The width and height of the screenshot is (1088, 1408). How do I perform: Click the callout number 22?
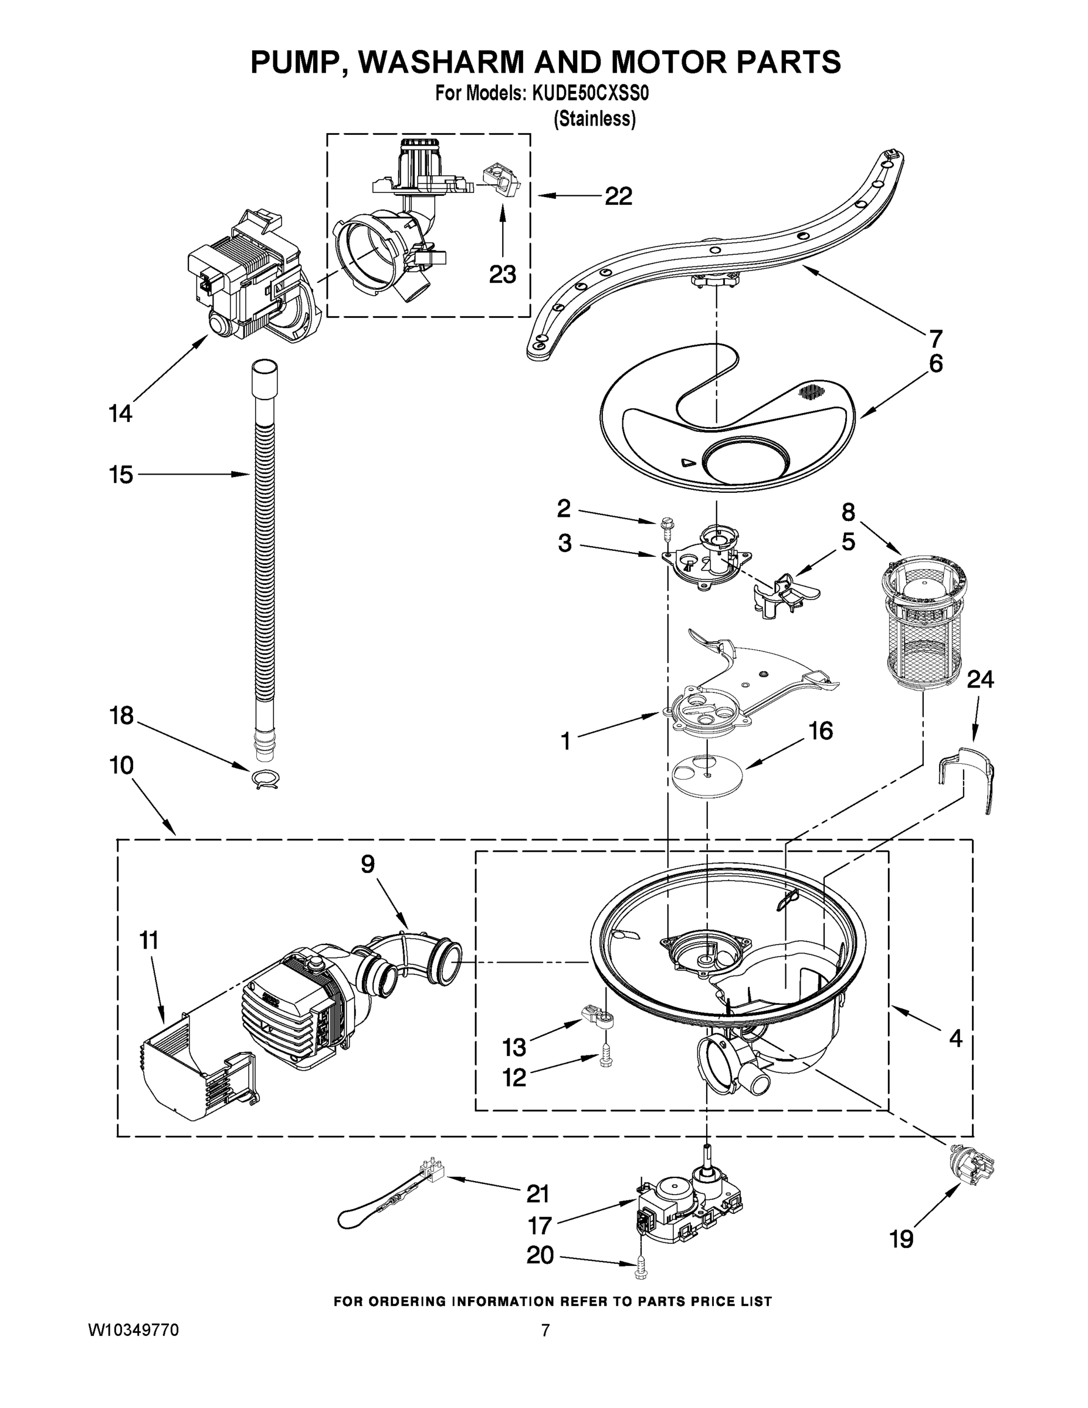(x=618, y=196)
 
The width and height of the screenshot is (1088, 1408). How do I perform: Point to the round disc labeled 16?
(x=706, y=774)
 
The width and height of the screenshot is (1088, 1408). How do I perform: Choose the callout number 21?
(x=538, y=1194)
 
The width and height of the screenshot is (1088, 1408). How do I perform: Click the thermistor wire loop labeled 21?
(x=387, y=1204)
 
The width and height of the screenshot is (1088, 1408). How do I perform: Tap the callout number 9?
(x=367, y=864)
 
